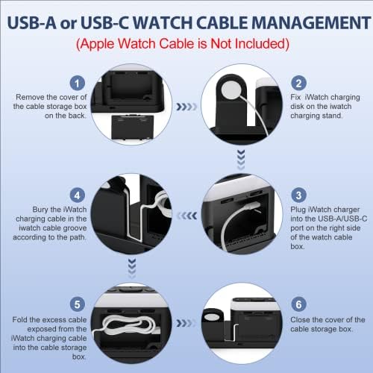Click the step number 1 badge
click(x=78, y=83)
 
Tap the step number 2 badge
click(x=298, y=83)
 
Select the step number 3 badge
click(x=298, y=195)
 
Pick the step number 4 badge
click(x=78, y=195)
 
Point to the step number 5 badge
click(x=78, y=304)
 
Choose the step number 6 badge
click(x=298, y=304)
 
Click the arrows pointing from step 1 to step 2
click(x=186, y=107)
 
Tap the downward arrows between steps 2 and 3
click(x=241, y=160)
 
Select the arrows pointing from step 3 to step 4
click(x=186, y=216)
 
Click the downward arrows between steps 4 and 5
click(x=132, y=269)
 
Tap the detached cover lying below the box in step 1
click(x=131, y=127)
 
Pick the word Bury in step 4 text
click(x=41, y=210)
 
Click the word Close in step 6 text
click(x=300, y=320)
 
